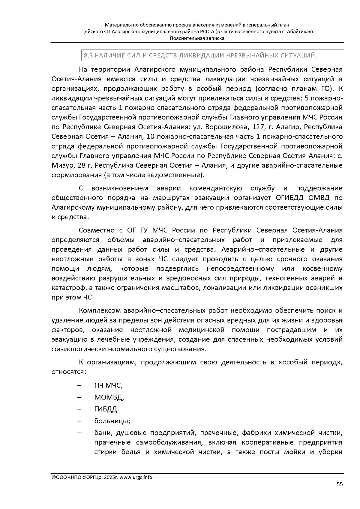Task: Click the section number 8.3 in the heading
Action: pos(88,55)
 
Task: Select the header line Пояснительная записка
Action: pos(197,38)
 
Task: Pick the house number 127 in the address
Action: pos(257,127)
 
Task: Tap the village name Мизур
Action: pos(61,166)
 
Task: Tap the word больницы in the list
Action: pos(112,421)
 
